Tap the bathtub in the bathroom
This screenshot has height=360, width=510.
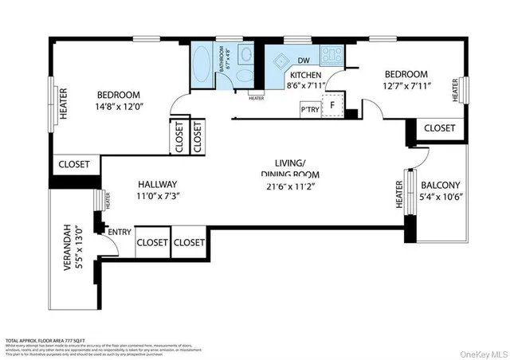coord(202,65)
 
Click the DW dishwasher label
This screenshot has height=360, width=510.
coord(304,61)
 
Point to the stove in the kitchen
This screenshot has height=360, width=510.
coord(331,56)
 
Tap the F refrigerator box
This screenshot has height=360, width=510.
coord(332,104)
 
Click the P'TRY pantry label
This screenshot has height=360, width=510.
coord(308,109)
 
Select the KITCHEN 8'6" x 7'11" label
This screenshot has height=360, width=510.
coord(305,80)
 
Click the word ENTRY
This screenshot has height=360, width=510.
coord(120,232)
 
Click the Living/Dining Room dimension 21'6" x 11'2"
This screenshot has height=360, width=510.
coord(289,187)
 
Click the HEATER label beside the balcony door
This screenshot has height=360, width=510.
coord(399,194)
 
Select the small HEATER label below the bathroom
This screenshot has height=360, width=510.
coord(256,99)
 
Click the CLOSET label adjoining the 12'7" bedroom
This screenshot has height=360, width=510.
coord(439,128)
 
